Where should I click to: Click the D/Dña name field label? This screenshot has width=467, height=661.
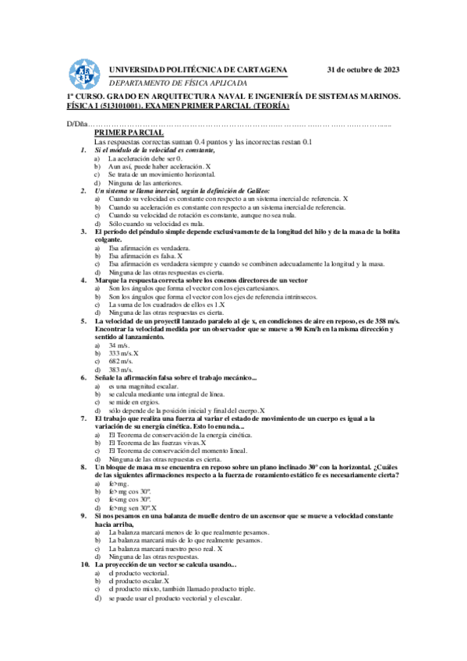click(x=76, y=125)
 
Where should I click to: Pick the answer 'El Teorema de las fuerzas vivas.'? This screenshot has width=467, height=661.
click(x=153, y=443)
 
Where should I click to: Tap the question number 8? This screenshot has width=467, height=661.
click(x=83, y=467)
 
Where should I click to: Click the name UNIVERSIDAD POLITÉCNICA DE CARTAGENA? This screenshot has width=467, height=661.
click(x=198, y=69)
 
